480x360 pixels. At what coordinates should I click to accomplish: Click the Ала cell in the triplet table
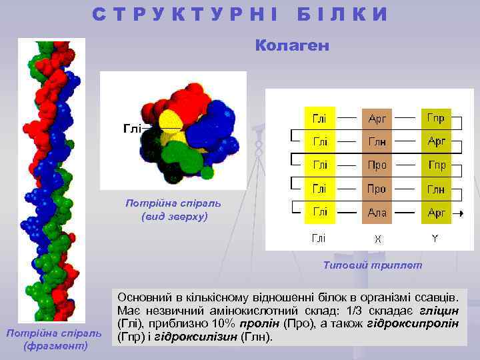[377, 213]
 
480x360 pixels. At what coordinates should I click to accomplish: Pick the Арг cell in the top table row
[377, 119]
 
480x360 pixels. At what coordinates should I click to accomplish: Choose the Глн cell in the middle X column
[377, 142]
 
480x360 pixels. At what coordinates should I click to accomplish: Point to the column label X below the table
[377, 239]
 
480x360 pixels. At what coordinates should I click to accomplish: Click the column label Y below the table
[435, 238]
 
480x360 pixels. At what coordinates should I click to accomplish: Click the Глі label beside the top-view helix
[131, 128]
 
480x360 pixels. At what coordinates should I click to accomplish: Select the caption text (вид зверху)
[175, 217]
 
